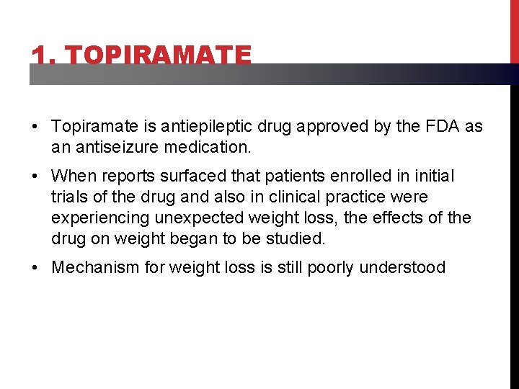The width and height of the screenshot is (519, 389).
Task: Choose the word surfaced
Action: pyautogui.click(x=192, y=175)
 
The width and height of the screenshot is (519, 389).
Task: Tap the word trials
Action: pyautogui.click(x=71, y=197)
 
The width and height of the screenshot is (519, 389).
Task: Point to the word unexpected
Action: pyautogui.click(x=209, y=217)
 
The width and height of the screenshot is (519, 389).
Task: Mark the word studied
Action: pyautogui.click(x=298, y=237)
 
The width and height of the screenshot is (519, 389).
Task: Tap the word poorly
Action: pyautogui.click(x=331, y=267)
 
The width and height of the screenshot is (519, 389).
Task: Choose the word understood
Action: pyautogui.click(x=402, y=267)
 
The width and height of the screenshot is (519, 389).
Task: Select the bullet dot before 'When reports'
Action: pyautogui.click(x=35, y=176)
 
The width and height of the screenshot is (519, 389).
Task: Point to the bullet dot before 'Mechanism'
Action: pyautogui.click(x=35, y=268)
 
